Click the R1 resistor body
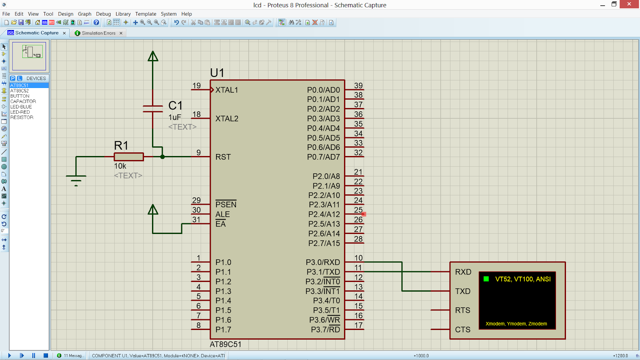pos(128,157)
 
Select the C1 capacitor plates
pos(153,109)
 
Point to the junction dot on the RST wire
pos(162,157)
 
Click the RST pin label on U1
pos(223,157)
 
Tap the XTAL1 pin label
pos(226,90)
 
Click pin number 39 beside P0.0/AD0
pos(358,86)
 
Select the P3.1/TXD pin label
pos(323,272)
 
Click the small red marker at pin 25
pos(364,214)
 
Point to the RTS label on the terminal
pos(462,310)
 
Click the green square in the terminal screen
pos(486,279)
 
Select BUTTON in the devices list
pos(20,96)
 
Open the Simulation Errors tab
pos(98,33)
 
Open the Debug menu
pos(103,14)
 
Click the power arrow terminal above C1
pos(153,56)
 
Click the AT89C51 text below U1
pos(226,344)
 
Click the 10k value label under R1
pos(120,166)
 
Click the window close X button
pos(629,4)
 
